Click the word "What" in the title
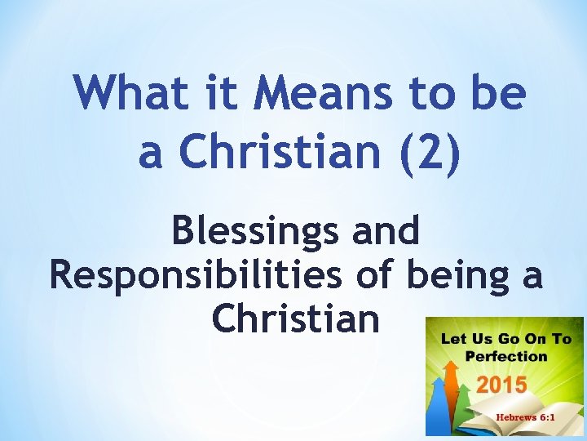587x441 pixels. click(118, 92)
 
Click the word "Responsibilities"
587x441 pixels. click(196, 275)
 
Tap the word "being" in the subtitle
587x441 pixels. click(463, 275)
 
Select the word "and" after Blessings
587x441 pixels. click(385, 232)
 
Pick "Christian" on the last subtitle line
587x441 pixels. click(295, 318)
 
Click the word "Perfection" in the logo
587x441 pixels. click(506, 356)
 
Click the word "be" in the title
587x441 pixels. click(501, 92)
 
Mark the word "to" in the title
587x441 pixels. click(430, 92)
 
